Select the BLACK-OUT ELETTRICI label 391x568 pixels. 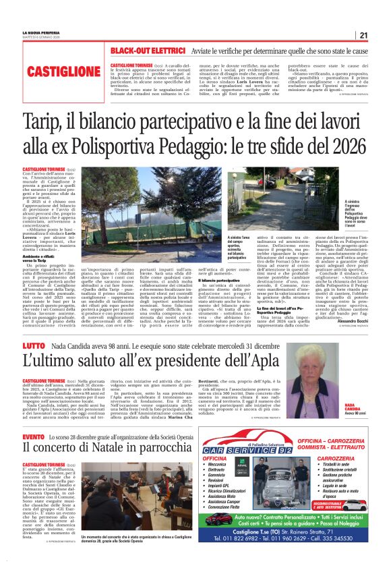(x=148, y=51)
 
